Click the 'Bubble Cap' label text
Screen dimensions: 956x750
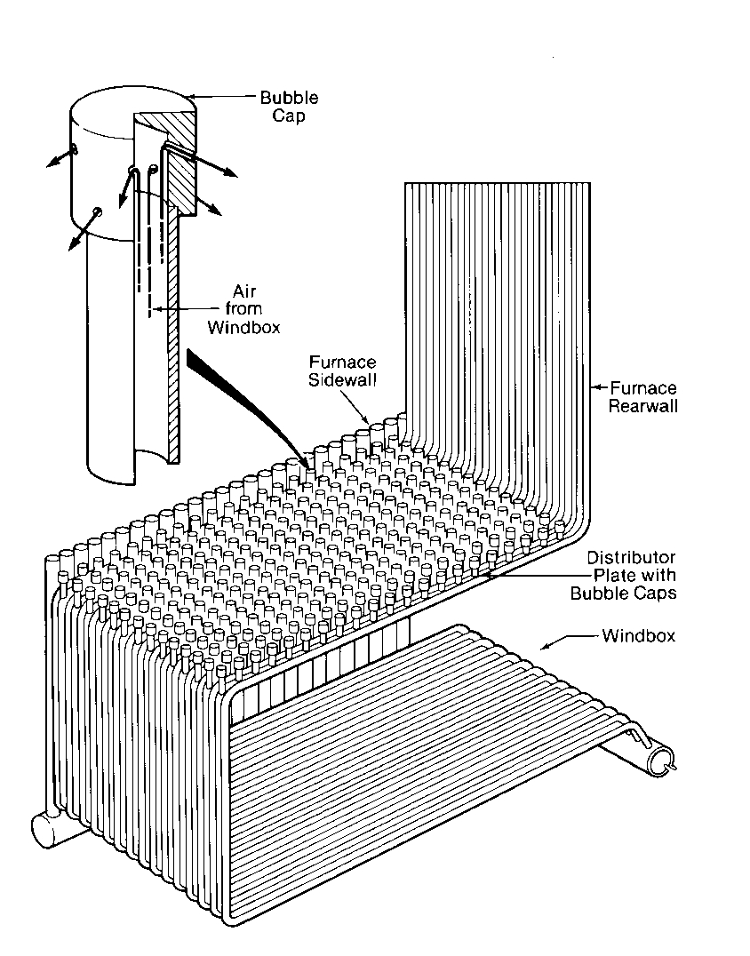click(288, 107)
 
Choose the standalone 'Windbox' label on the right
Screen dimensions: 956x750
click(638, 636)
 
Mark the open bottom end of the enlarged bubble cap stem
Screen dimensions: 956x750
click(133, 465)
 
